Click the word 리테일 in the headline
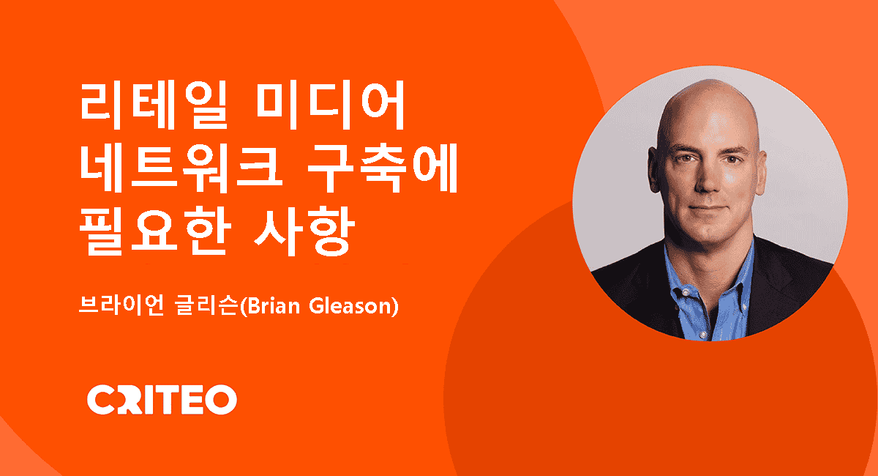point(154,105)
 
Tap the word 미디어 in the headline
point(330,105)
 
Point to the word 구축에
point(383,168)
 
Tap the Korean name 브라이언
point(121,305)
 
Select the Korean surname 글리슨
point(207,305)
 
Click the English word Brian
point(273,305)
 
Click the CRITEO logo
point(162,400)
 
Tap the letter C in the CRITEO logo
point(100,400)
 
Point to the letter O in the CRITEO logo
point(222,400)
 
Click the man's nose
point(707,179)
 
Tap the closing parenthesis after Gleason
point(394,306)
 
